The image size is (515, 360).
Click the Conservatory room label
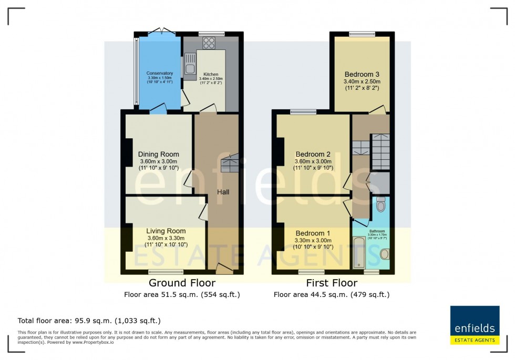pos(160,73)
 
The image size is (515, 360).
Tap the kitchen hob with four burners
pos(209,43)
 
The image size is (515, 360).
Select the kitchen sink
pos(188,67)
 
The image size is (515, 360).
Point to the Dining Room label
pos(159,154)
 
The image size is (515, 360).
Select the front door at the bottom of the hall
pos(224,270)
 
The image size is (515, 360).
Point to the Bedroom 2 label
pos(313,154)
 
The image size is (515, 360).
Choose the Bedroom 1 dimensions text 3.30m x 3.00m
pos(313,241)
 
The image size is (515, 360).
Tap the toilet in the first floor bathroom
pos(381,203)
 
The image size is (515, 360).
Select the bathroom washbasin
pos(385,254)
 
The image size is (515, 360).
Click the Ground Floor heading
pos(182,283)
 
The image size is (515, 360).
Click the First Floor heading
pos(332,283)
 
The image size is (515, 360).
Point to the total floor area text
pos(89,320)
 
